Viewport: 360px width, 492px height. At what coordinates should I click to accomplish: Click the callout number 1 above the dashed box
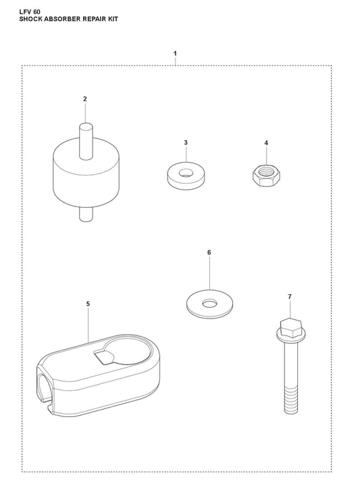(175, 53)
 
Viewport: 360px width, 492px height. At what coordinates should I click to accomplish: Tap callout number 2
(85, 99)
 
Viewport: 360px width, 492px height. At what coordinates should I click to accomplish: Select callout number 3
(186, 142)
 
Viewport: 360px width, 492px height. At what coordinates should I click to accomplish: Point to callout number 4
(266, 143)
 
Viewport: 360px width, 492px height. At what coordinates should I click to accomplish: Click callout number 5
(88, 304)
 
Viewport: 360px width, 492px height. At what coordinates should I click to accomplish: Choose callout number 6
(209, 252)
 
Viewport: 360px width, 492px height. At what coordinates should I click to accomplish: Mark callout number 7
(290, 296)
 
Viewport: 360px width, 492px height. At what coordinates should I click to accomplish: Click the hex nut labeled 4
(266, 175)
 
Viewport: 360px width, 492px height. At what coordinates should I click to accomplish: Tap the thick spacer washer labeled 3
(186, 175)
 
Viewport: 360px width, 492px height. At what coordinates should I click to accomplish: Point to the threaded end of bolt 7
(290, 399)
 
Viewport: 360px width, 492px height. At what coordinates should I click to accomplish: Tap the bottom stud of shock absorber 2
(86, 215)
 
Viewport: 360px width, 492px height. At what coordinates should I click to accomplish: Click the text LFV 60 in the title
(30, 12)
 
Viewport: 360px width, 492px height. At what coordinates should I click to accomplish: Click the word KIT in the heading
(113, 19)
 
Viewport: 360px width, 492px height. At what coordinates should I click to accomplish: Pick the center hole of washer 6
(209, 303)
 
